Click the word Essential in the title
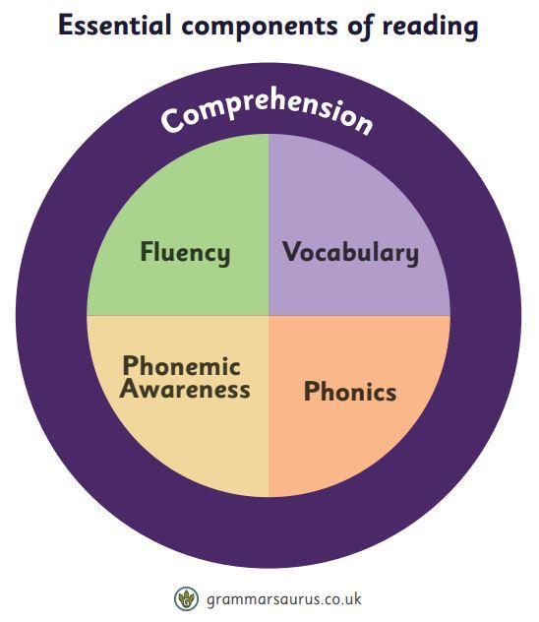[x=114, y=25]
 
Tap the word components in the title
[x=260, y=28]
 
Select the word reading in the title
[x=430, y=27]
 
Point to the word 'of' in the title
[x=361, y=27]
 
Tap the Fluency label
[x=185, y=253]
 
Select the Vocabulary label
[x=350, y=253]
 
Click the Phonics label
[x=350, y=391]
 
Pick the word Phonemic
[x=182, y=365]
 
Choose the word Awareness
[x=185, y=389]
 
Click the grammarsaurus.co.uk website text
[x=284, y=598]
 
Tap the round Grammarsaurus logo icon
[x=186, y=598]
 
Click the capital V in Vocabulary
[x=292, y=251]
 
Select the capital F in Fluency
[x=148, y=251]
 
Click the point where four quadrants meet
[x=269, y=316]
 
